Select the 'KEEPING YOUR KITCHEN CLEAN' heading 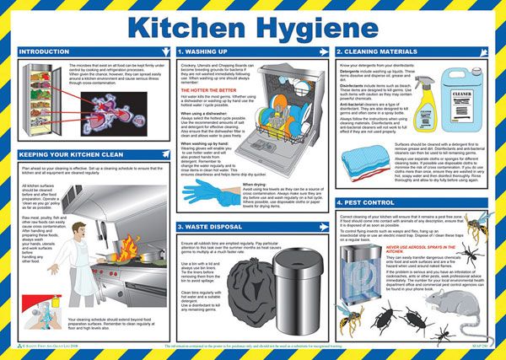click(70, 155)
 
